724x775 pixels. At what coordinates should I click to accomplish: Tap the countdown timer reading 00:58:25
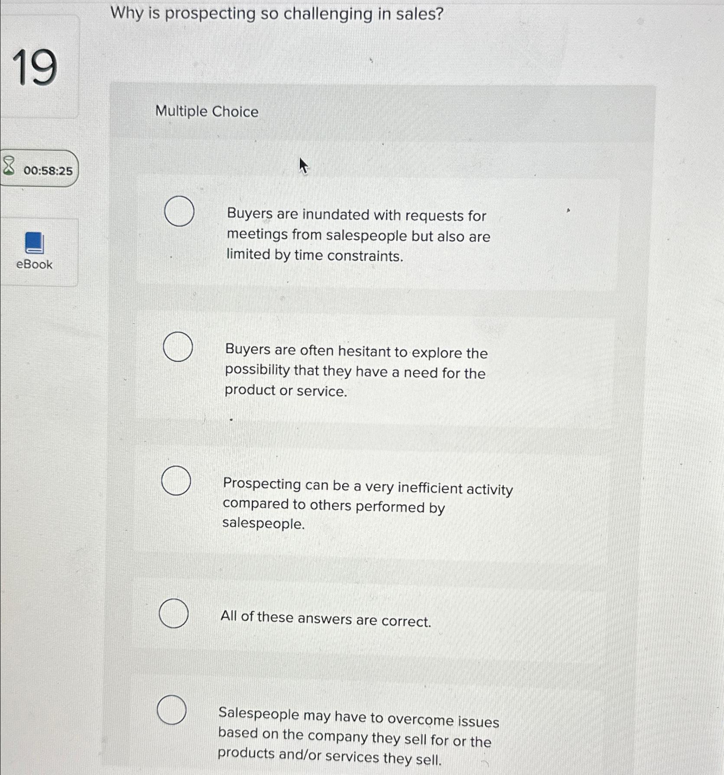coord(48,171)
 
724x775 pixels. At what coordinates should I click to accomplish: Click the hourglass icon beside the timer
coord(9,166)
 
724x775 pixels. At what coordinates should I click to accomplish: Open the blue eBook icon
coord(34,242)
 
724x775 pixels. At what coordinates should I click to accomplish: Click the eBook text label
coord(34,264)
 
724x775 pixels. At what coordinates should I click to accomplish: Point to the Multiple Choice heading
coord(207,112)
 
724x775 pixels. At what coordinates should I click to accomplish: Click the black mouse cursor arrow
coord(303,165)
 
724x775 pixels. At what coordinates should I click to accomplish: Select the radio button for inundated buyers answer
coord(179,211)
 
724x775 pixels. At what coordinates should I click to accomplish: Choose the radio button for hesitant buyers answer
coord(178,346)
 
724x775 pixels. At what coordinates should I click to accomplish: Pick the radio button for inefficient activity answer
coord(176,481)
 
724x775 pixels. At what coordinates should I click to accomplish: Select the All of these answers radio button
coord(174,613)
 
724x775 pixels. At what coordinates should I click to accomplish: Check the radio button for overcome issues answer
coord(172,710)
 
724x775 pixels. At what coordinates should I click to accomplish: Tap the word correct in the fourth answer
coord(406,621)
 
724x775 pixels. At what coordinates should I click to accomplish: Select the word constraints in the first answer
coord(365,256)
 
